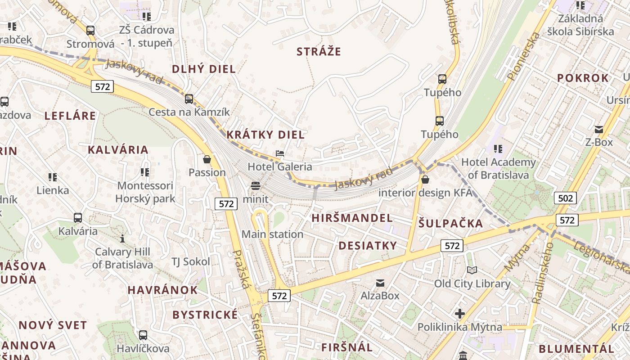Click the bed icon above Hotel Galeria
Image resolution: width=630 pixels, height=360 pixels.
280,153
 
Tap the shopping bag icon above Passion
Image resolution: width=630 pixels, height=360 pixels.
207,159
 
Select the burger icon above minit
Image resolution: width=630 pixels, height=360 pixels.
256,186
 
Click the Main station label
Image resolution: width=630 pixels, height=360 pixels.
272,234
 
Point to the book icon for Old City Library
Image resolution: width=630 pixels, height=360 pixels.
472,270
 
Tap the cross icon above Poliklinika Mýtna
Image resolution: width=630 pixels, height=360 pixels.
459,314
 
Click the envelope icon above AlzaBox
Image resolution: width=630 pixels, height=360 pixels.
380,283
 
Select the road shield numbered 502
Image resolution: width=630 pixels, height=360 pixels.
565,198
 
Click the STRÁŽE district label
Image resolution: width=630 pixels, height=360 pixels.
319,52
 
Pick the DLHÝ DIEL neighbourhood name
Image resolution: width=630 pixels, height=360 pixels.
204,69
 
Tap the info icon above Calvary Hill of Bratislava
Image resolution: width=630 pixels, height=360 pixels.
122,238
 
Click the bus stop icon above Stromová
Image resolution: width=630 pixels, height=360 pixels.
90,31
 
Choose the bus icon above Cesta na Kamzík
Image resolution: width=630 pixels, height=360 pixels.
189,99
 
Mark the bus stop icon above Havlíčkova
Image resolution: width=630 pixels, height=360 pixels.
143,335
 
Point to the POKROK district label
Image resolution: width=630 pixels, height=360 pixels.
583,78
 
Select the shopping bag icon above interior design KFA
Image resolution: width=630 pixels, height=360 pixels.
425,180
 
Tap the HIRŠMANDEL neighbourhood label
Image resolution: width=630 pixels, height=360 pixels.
352,218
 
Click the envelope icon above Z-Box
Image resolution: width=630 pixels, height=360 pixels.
598,130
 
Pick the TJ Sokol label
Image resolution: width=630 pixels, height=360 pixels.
191,262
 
